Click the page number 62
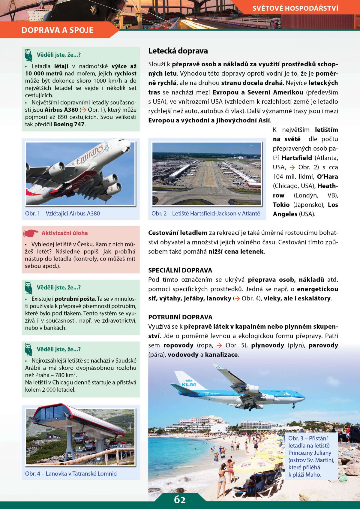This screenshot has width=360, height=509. [180, 500]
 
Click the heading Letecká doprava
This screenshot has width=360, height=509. [178, 51]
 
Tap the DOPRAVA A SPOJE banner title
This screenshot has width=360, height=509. [58, 30]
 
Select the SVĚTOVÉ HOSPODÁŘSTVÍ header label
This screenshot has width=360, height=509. [295, 8]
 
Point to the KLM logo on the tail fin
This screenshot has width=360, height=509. [189, 384]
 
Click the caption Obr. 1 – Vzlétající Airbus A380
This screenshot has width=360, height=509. [62, 213]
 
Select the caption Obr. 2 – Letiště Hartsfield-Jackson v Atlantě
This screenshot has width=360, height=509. [206, 213]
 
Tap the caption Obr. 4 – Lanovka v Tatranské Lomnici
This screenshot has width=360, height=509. [71, 474]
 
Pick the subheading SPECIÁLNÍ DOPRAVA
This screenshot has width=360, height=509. [180, 270]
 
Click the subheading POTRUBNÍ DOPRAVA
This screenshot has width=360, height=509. [180, 317]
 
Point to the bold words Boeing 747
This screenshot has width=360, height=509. [69, 124]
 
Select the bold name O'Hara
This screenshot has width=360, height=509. [327, 176]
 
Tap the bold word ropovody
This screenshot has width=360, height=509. [178, 345]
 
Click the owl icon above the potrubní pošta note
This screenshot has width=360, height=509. [28, 288]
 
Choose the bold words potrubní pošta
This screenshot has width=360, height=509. [75, 299]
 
